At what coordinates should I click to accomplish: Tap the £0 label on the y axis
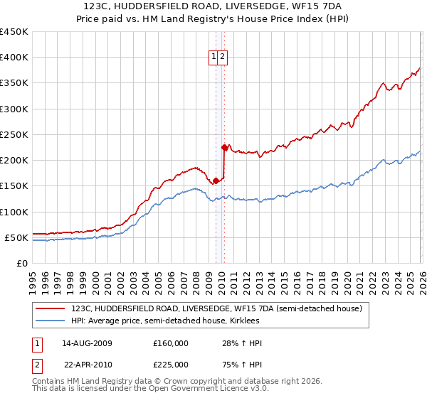pos(21,263)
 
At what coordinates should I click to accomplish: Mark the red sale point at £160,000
pos(216,181)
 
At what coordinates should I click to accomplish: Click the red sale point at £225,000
pos(224,148)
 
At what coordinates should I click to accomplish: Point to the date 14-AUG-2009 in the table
pos(87,343)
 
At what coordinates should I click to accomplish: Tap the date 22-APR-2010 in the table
pos(87,363)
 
